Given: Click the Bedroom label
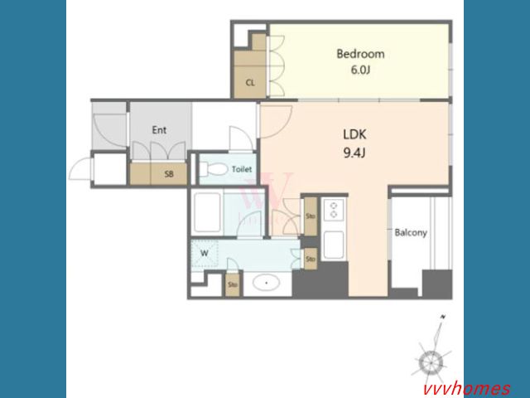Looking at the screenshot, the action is [360, 54].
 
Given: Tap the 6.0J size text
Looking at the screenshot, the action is [360, 70].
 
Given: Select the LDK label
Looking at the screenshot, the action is [354, 134].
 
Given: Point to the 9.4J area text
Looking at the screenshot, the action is [354, 153].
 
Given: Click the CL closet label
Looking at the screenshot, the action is [250, 83].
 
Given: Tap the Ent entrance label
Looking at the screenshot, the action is [159, 130].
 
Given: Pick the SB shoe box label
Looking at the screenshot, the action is [169, 174].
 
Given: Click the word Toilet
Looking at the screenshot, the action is [242, 169].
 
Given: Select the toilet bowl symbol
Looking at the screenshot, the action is [214, 169].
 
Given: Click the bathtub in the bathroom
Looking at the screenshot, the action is [208, 212].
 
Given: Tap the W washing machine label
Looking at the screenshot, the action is [205, 253].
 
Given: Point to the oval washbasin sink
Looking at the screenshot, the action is [267, 283].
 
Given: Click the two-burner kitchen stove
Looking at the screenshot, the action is [334, 210].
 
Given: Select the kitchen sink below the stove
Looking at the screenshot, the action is [334, 245].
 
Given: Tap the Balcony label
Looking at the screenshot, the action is [411, 232].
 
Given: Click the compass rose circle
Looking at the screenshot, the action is [431, 363].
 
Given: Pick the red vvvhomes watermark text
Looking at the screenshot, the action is [467, 389].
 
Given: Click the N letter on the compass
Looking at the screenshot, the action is [443, 317].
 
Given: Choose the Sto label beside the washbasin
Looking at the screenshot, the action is [233, 284].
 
